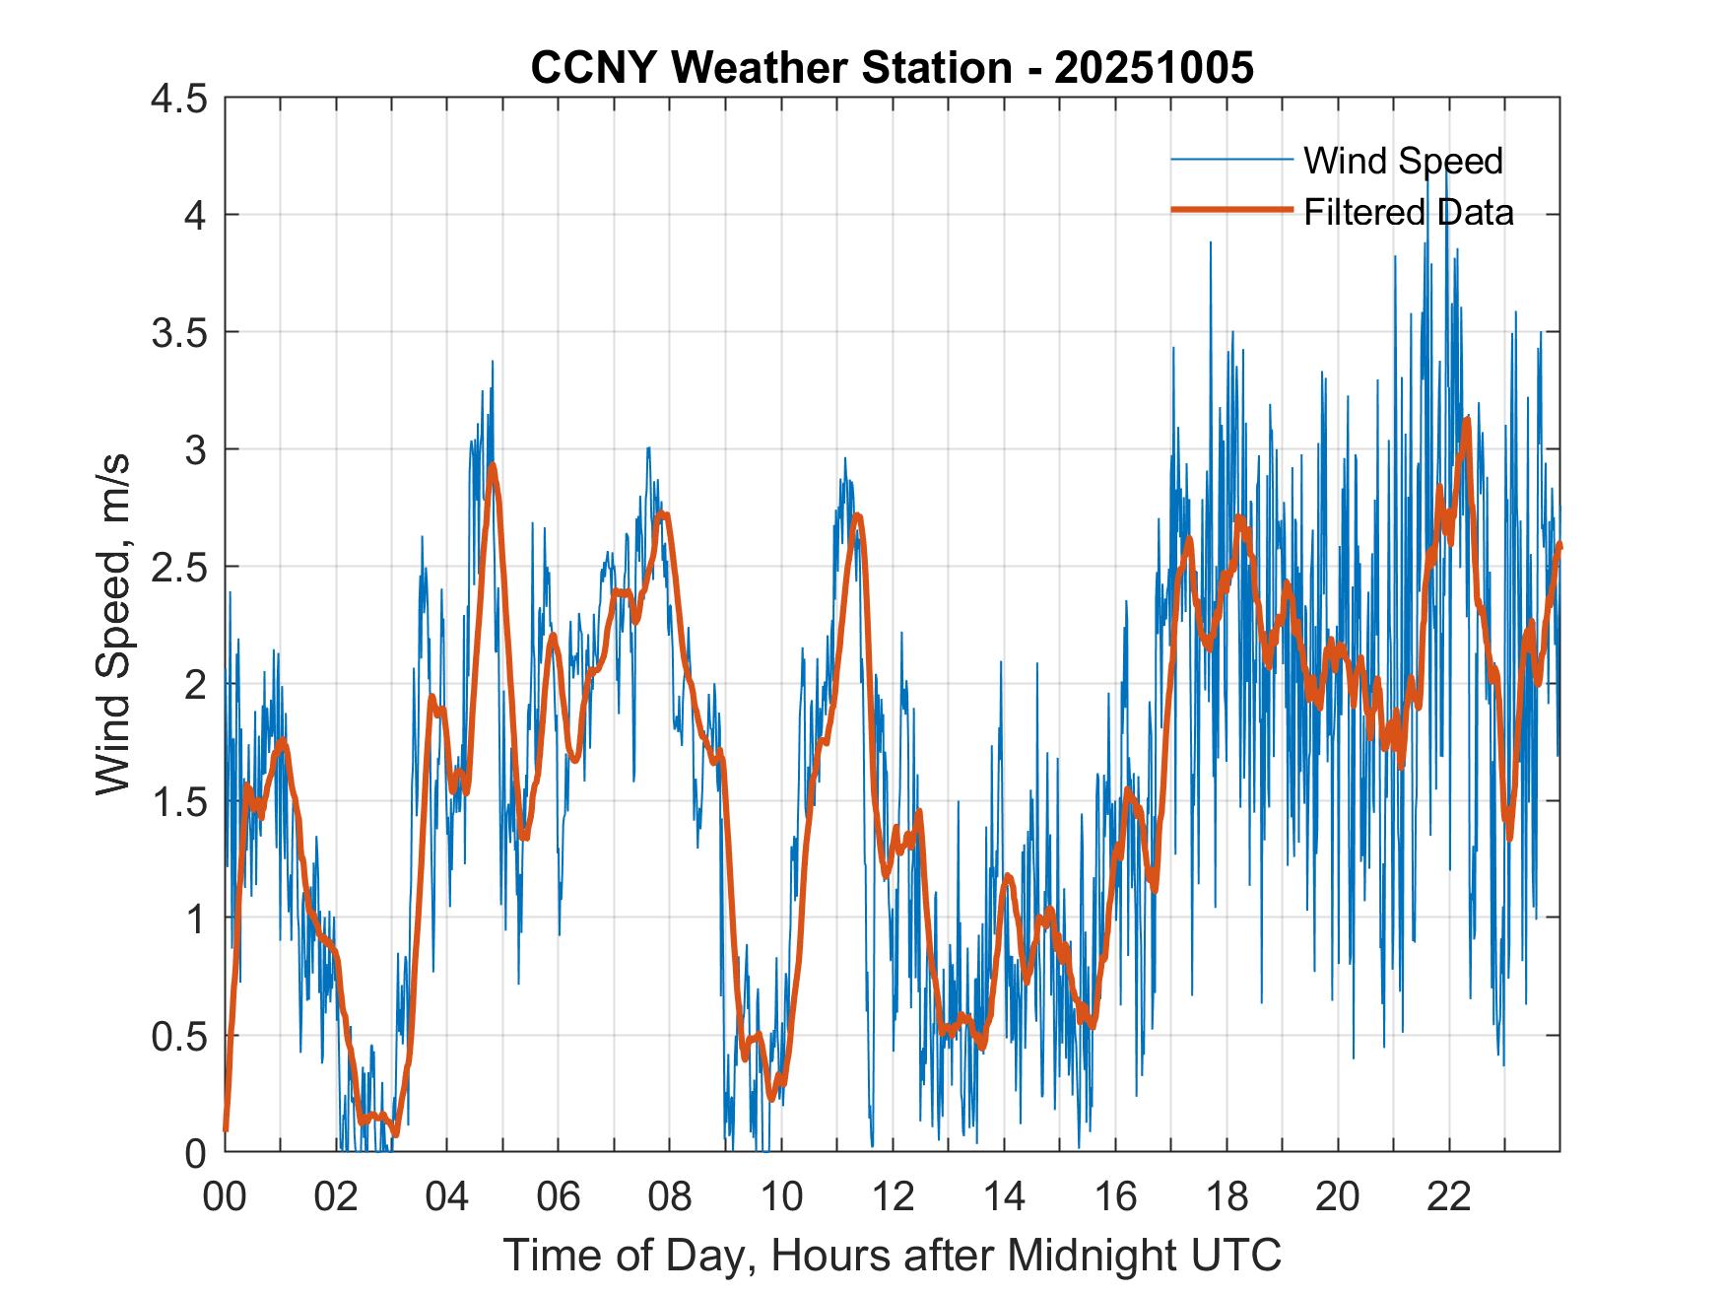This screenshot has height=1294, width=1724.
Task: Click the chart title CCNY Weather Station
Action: pyautogui.click(x=770, y=68)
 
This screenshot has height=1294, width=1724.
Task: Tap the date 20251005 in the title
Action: pyautogui.click(x=1154, y=68)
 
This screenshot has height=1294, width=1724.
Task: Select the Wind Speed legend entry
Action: pyautogui.click(x=1403, y=161)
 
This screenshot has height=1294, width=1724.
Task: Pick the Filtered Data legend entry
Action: pyautogui.click(x=1408, y=212)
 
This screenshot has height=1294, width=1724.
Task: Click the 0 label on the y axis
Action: pyautogui.click(x=196, y=1153)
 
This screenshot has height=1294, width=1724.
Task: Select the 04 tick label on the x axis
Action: pyautogui.click(x=447, y=1197)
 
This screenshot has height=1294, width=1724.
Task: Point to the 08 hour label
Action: pyautogui.click(x=670, y=1197)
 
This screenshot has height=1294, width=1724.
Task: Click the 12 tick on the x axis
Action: pyautogui.click(x=893, y=1197)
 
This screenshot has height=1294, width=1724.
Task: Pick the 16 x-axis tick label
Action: pyautogui.click(x=1115, y=1197)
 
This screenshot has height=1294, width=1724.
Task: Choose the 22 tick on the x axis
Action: pyautogui.click(x=1449, y=1197)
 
